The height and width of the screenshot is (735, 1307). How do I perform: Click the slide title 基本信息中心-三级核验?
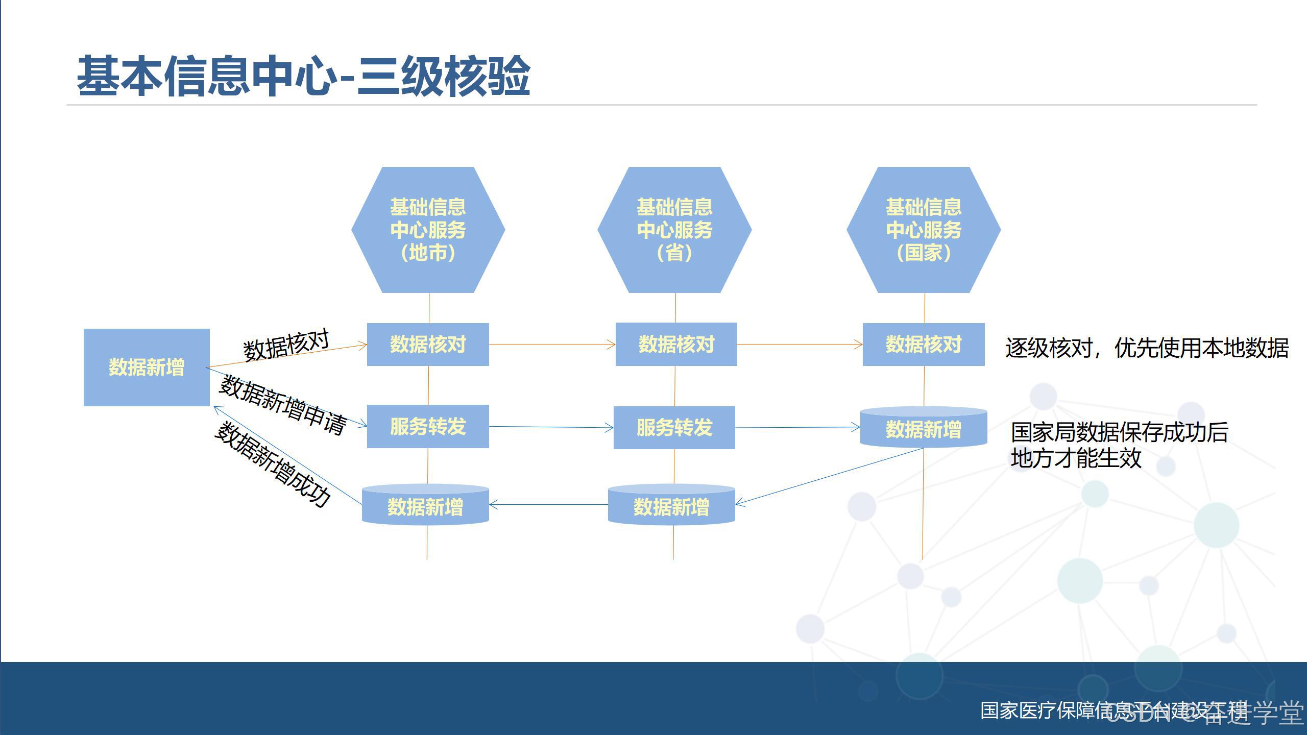tap(303, 77)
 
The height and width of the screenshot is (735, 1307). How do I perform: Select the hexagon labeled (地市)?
tap(428, 230)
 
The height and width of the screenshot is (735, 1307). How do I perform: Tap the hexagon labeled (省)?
tap(674, 230)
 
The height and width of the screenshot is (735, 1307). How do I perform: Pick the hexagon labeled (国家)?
tap(924, 230)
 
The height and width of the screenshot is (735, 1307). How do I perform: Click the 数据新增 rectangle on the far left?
tap(147, 367)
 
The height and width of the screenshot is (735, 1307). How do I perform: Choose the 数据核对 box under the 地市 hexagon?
tap(428, 345)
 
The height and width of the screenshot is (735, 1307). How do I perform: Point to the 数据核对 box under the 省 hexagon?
tap(676, 345)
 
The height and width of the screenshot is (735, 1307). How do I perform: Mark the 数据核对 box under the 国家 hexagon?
tap(924, 345)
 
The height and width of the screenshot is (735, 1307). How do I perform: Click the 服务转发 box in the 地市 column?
tap(428, 427)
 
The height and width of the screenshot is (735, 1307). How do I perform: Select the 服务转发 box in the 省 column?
tap(674, 428)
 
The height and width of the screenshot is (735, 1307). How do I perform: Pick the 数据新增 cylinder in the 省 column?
tap(671, 506)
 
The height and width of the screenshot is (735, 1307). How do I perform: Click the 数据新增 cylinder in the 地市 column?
tap(425, 506)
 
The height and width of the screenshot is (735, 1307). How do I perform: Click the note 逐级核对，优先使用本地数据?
tap(1147, 349)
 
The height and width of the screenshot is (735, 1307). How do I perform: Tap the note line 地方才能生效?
tap(1076, 458)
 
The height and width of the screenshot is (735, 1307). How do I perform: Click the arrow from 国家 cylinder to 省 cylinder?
tap(829, 477)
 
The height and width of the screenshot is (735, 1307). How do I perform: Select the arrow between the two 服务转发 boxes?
tap(551, 427)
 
